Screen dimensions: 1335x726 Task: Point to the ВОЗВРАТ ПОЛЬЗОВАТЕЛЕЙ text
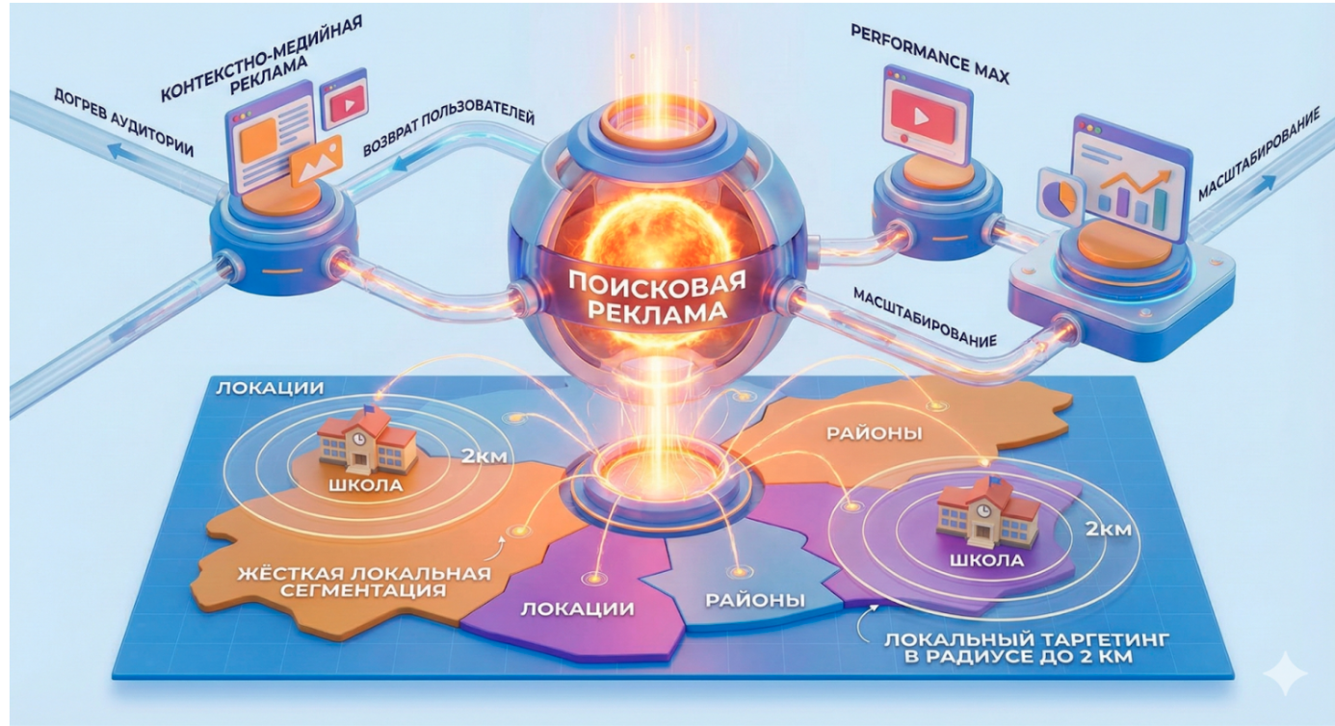[x=448, y=131]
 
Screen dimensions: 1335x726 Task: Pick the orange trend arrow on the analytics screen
[x=1137, y=176]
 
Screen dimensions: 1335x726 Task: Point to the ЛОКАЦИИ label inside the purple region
[x=576, y=609]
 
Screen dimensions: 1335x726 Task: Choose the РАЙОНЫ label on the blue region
[x=755, y=600]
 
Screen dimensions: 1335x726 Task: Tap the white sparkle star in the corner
[x=1285, y=673]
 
